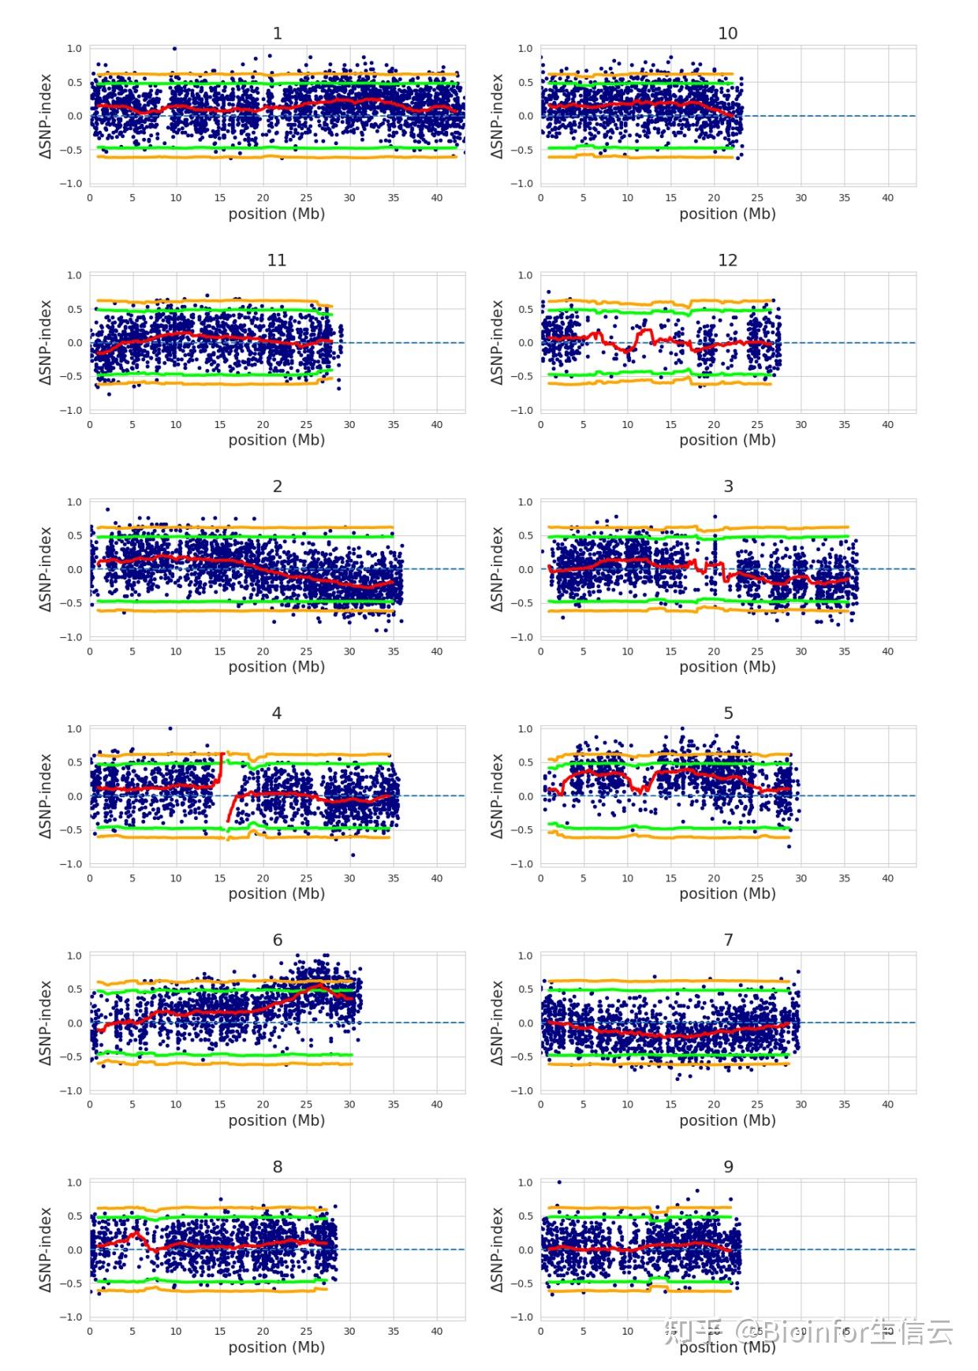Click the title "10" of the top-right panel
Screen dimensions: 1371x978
click(727, 33)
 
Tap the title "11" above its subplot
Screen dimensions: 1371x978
click(276, 260)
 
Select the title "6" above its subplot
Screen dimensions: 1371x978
click(277, 940)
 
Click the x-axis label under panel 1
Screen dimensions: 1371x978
click(276, 214)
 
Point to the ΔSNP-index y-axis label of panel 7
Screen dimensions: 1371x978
click(497, 1023)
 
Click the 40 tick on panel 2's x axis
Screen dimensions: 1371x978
click(436, 651)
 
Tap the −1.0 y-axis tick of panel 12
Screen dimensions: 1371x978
click(521, 410)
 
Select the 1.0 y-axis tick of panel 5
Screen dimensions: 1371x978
click(525, 728)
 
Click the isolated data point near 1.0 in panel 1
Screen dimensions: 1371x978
click(174, 49)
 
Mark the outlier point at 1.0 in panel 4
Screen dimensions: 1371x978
click(170, 728)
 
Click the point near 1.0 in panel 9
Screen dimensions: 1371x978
click(559, 1182)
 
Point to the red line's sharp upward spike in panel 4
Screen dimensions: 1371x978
click(222, 754)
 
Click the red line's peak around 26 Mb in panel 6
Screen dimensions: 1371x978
click(317, 986)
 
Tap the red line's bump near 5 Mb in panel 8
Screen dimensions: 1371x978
click(135, 1233)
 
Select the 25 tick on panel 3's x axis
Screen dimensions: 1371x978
click(757, 651)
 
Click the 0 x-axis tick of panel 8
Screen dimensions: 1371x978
click(90, 1331)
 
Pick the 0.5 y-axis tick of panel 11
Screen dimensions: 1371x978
click(74, 309)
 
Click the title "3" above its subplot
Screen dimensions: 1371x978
click(728, 486)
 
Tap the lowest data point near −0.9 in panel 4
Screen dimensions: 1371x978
click(353, 855)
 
